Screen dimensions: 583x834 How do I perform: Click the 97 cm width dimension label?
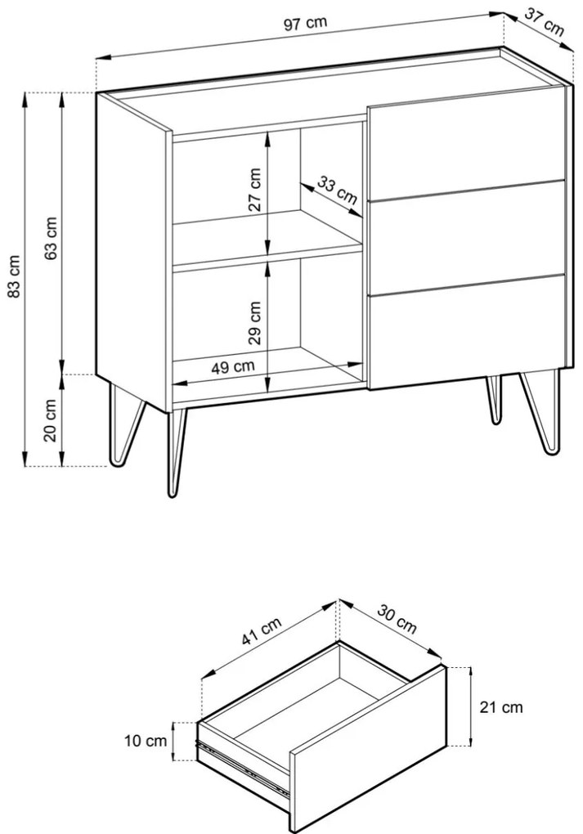(305, 24)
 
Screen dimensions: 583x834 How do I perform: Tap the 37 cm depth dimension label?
(545, 22)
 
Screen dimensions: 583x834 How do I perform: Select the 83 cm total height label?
(15, 276)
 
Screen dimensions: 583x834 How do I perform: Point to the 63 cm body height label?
(51, 238)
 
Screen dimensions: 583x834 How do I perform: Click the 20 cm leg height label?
(50, 420)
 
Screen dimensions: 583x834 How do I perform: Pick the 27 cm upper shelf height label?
(255, 190)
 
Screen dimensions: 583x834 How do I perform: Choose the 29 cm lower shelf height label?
(255, 323)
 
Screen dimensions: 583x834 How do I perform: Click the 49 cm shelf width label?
(233, 367)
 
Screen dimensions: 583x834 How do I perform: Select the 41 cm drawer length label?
(261, 631)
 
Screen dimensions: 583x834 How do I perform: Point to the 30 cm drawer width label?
(397, 619)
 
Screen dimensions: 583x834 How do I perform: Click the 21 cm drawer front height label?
(501, 707)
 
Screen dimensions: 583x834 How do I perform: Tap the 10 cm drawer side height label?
(146, 741)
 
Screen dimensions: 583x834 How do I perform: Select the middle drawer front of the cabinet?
(467, 237)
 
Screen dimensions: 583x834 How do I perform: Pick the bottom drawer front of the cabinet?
(467, 331)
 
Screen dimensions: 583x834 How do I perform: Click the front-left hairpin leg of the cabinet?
(177, 453)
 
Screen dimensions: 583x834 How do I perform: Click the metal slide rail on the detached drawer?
(243, 765)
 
